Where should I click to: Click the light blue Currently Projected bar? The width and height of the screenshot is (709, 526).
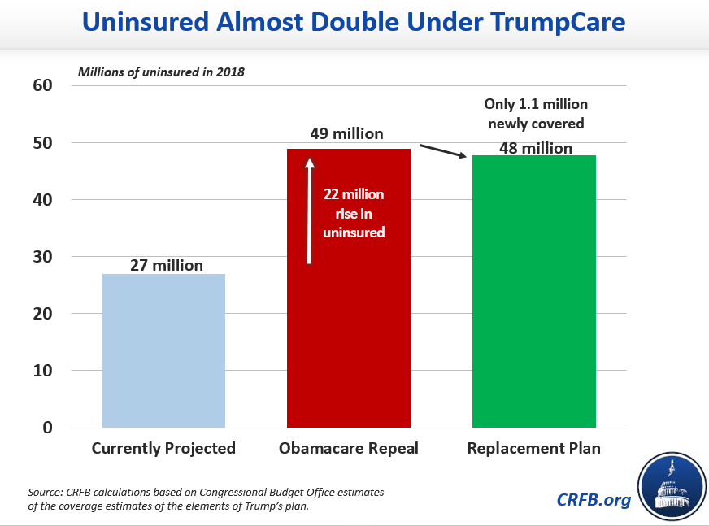coord(163,350)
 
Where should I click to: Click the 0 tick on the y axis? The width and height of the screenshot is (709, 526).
coord(47,428)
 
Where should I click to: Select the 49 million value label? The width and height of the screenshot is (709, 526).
coord(346,133)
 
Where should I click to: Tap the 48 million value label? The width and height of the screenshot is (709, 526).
coord(536,148)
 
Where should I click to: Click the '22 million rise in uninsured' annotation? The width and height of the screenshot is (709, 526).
coord(354,214)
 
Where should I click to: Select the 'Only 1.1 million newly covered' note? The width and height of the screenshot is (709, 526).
coord(536,114)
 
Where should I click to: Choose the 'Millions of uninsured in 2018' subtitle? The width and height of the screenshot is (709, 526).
coord(161,71)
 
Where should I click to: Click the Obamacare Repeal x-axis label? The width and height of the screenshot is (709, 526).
coord(349,449)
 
